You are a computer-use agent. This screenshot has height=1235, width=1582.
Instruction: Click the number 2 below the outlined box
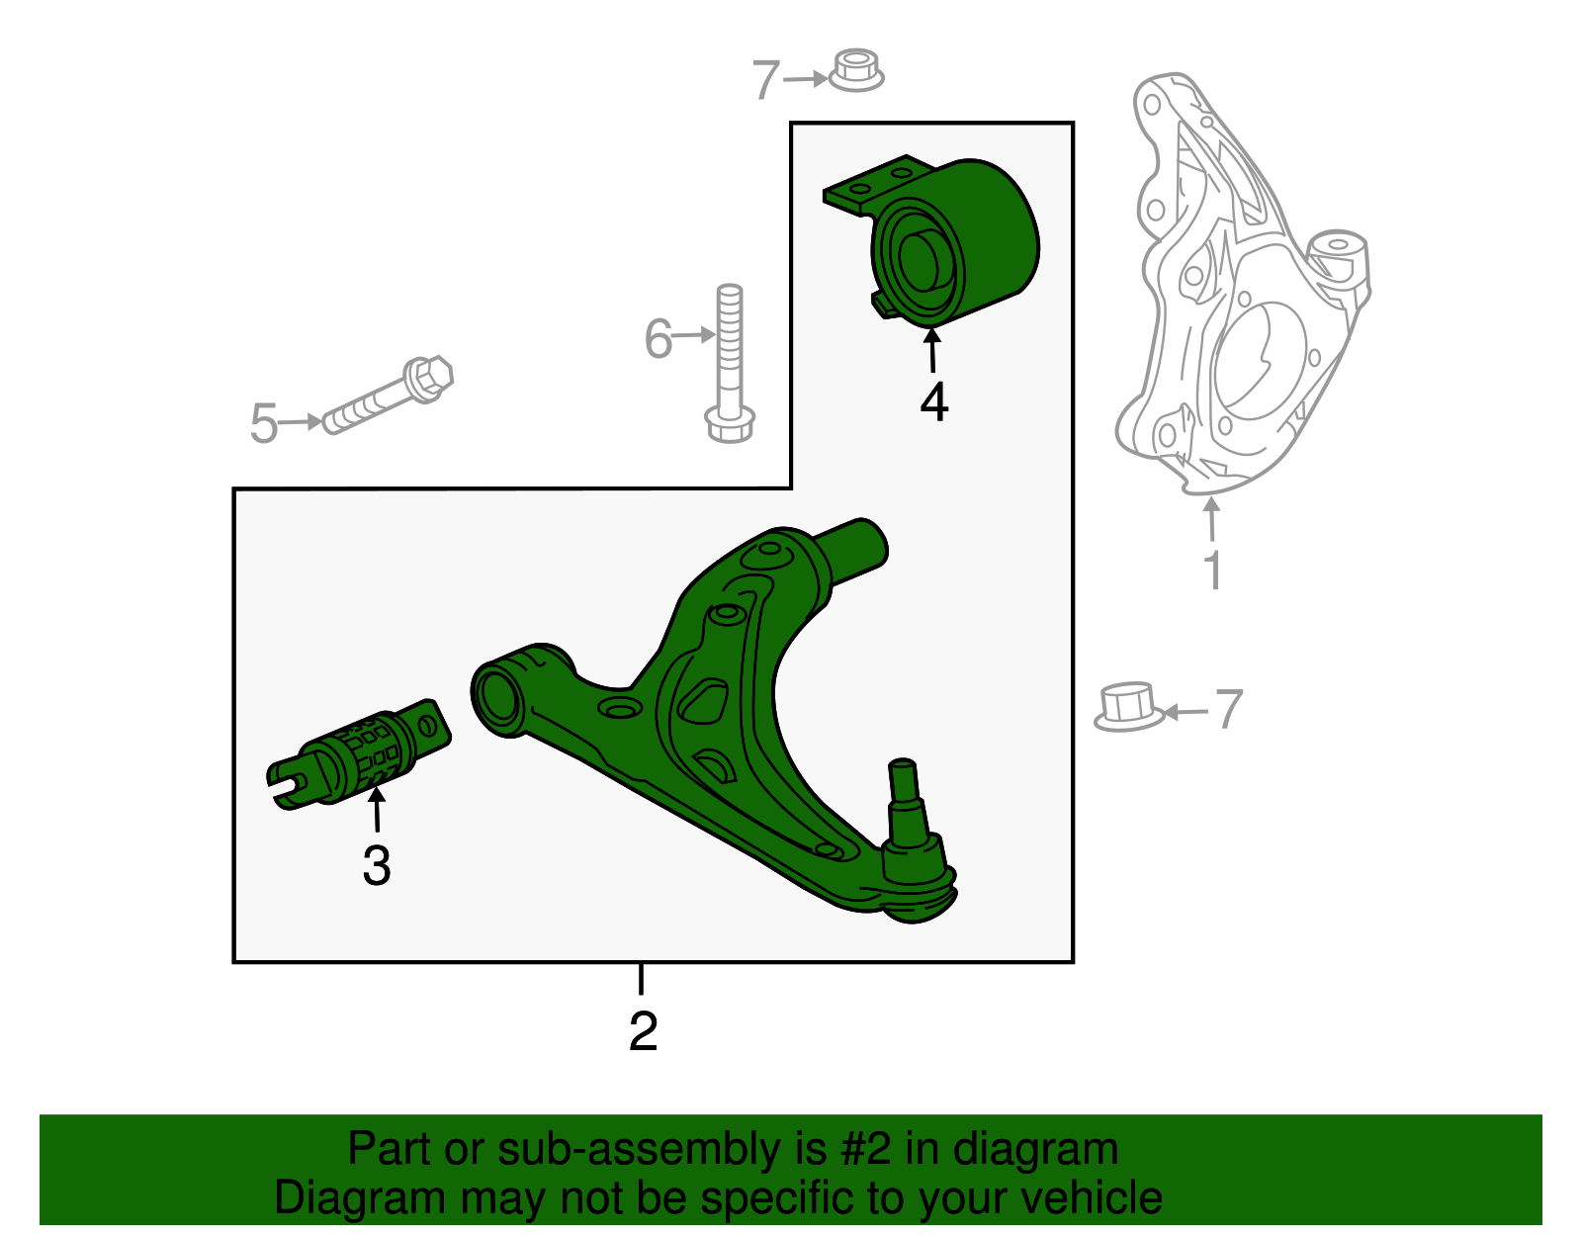tap(643, 1032)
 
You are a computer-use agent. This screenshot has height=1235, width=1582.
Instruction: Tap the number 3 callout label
tap(377, 866)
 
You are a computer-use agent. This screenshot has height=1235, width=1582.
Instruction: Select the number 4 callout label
tap(933, 402)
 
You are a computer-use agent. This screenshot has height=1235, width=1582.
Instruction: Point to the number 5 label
tap(264, 423)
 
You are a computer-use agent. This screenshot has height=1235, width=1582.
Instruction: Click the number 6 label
tap(659, 338)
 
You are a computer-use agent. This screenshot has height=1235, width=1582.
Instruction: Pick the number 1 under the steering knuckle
tap(1212, 571)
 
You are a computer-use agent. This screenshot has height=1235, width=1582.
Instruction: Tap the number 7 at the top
tap(766, 80)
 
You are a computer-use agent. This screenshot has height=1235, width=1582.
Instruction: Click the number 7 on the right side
tap(1229, 709)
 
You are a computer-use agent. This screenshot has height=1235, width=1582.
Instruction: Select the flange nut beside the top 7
tap(855, 71)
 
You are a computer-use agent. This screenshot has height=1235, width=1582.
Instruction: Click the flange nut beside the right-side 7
tap(1129, 706)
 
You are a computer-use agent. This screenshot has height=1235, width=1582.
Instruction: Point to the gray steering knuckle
tap(1241, 287)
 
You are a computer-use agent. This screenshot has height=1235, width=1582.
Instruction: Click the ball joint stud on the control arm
tap(905, 791)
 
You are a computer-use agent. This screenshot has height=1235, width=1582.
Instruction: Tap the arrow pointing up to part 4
tap(932, 350)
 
